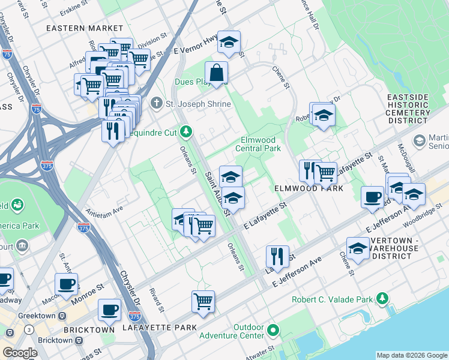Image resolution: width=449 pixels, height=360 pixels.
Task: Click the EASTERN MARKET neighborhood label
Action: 85,28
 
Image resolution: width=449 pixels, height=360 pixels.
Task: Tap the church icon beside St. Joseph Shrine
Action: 157,104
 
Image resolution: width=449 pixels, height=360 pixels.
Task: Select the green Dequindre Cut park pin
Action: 187,130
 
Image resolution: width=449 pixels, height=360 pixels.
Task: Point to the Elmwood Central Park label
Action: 258,144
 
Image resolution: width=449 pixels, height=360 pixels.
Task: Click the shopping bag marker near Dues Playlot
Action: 217,73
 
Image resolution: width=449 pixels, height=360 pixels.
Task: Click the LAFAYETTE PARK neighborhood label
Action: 159,328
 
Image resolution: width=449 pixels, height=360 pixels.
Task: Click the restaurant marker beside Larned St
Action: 277,256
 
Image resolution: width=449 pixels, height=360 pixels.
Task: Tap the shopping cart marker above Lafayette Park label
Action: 203,302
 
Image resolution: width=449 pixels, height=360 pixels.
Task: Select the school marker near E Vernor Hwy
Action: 229,43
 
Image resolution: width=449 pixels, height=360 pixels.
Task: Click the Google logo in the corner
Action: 20,353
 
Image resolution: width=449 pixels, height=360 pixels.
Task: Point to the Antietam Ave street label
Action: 104,209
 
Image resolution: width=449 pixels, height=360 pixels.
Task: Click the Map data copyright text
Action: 411,355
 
